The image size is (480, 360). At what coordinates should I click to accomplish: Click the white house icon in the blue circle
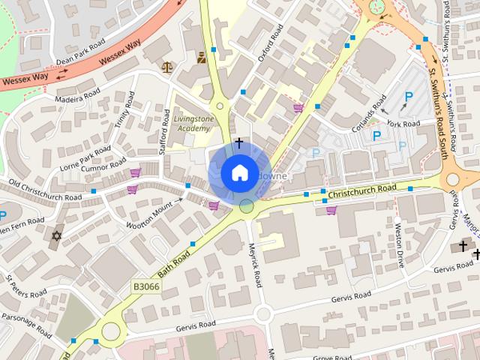point(238,173)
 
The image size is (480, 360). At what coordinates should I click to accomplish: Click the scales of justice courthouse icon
point(166,67)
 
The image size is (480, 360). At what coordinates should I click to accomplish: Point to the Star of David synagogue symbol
point(55,236)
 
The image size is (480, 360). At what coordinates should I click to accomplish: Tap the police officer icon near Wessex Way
point(201,57)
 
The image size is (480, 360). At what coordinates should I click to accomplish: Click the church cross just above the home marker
point(239,142)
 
